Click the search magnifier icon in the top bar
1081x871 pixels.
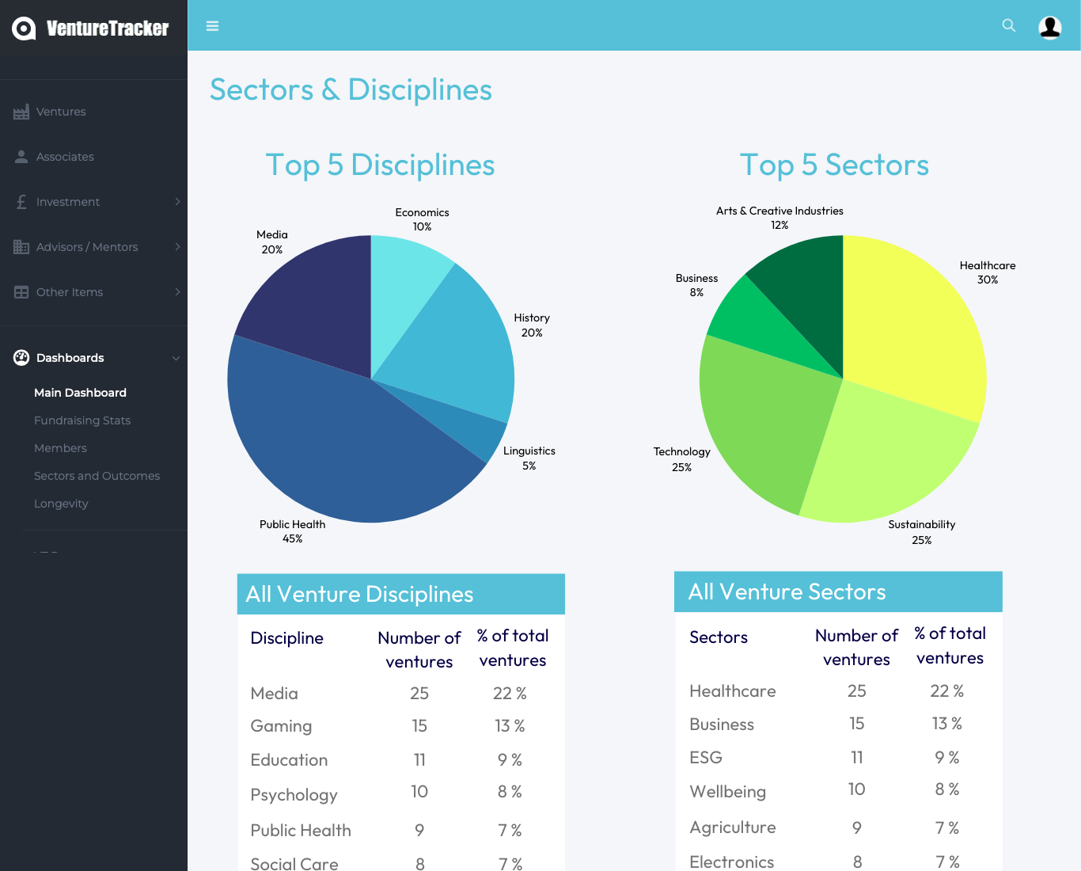click(1008, 25)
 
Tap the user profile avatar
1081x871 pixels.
click(1049, 27)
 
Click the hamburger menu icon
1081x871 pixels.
click(212, 26)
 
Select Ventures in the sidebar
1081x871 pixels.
click(61, 112)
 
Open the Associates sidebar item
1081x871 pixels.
click(65, 157)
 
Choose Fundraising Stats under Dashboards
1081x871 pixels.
click(82, 420)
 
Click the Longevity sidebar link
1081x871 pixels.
click(61, 504)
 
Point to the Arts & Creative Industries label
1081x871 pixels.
click(779, 211)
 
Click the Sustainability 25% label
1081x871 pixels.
click(921, 532)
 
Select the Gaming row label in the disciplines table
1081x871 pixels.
click(281, 726)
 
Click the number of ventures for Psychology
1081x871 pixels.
click(419, 792)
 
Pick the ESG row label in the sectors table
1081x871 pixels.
click(706, 758)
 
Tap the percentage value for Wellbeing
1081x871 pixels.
click(946, 789)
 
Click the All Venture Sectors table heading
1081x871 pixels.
click(787, 592)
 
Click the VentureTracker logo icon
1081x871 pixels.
click(24, 29)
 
